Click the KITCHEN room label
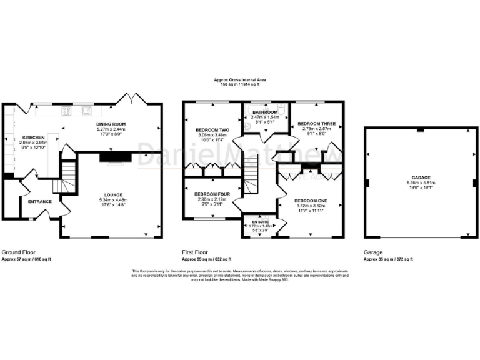33,137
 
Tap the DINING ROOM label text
111,124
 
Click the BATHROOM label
264,112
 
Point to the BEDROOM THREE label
316,124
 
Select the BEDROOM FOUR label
211,194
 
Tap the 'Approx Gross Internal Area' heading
240,79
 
